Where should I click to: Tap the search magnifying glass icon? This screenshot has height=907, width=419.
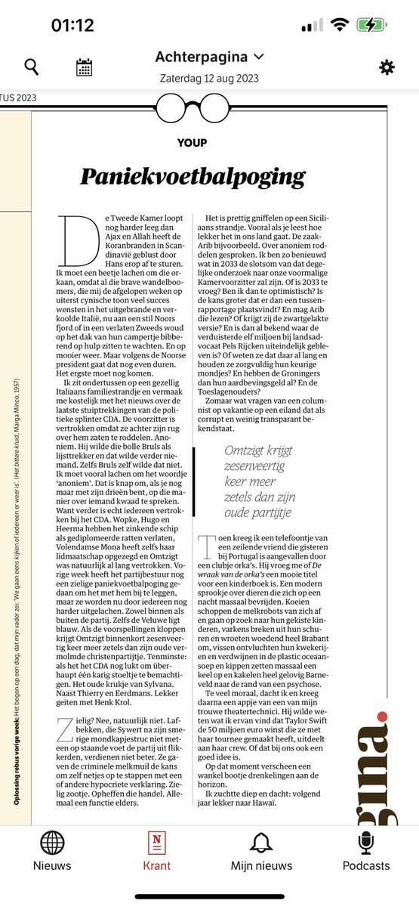(31, 67)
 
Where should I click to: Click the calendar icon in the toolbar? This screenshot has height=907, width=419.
(84, 67)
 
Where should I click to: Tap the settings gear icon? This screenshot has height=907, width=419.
(387, 67)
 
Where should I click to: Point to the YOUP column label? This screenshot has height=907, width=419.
(192, 142)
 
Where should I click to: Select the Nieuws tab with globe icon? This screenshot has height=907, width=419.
(52, 850)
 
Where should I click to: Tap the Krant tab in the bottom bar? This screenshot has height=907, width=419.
(157, 850)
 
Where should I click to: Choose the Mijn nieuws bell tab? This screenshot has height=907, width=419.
(262, 850)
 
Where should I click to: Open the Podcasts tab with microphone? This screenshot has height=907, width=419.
(367, 850)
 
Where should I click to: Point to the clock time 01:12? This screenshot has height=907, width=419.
(72, 25)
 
